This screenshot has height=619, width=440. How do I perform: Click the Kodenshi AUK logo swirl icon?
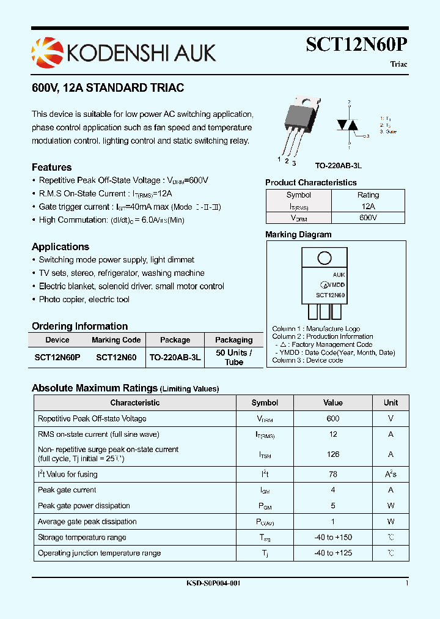point(46,51)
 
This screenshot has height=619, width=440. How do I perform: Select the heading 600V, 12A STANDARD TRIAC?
point(108,88)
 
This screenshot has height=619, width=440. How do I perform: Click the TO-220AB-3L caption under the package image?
point(339,165)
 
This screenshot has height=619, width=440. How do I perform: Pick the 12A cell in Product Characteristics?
point(368,207)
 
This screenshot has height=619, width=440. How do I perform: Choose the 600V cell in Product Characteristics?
point(368,218)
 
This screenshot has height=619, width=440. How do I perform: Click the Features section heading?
point(51,167)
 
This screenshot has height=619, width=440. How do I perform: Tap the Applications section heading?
point(61,246)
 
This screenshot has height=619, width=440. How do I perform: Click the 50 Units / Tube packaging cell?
point(233,357)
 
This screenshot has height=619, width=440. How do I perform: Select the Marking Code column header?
point(116,340)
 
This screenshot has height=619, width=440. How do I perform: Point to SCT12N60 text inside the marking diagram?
point(330,295)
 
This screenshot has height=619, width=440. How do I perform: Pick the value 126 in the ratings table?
point(333,454)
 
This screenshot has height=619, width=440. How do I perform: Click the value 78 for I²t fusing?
point(333,474)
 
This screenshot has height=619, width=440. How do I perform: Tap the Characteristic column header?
point(135,402)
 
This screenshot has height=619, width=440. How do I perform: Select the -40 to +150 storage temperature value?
point(333,537)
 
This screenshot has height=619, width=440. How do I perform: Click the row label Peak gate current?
point(67,490)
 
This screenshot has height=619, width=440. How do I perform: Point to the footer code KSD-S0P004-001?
point(213,584)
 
